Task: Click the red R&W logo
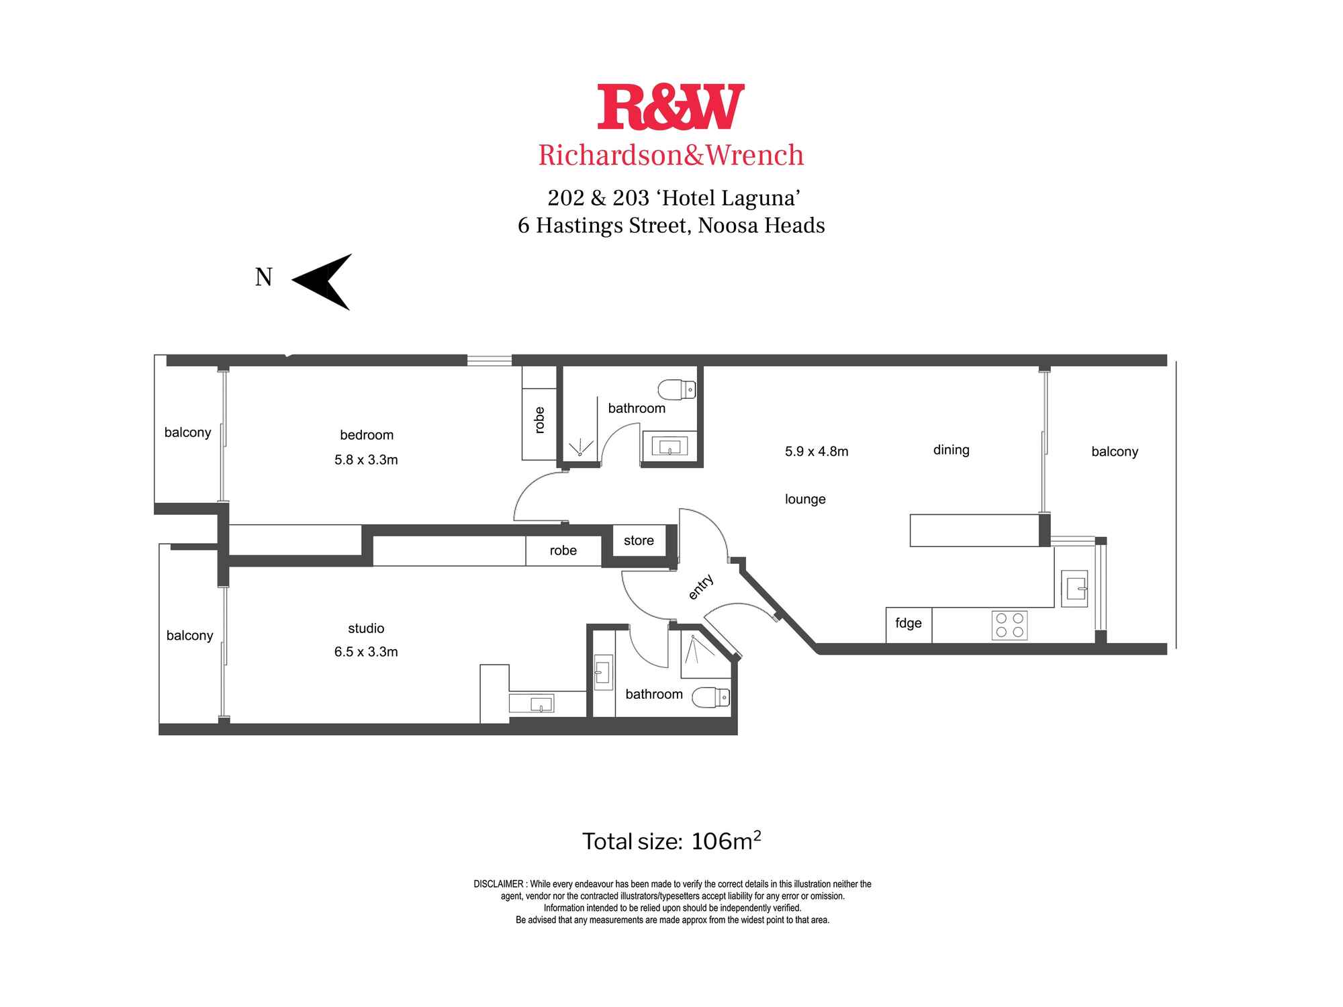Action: (x=671, y=107)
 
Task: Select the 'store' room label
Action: (x=639, y=540)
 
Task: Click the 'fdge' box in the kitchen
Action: (x=909, y=624)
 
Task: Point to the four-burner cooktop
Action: (x=1009, y=626)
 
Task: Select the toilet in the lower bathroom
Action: (x=711, y=698)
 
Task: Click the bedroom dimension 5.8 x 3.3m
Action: (x=366, y=460)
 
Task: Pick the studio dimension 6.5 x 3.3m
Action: (x=366, y=652)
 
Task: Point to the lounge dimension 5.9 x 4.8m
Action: (x=817, y=452)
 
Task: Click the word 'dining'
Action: (x=951, y=450)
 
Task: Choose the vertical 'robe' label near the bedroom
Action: (x=539, y=420)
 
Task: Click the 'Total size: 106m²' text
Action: (x=671, y=841)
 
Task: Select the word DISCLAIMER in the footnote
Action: (x=498, y=884)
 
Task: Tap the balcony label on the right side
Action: (x=1115, y=452)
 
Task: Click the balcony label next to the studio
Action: (x=189, y=636)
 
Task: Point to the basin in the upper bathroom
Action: (x=669, y=446)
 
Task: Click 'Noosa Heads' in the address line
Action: (x=761, y=226)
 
